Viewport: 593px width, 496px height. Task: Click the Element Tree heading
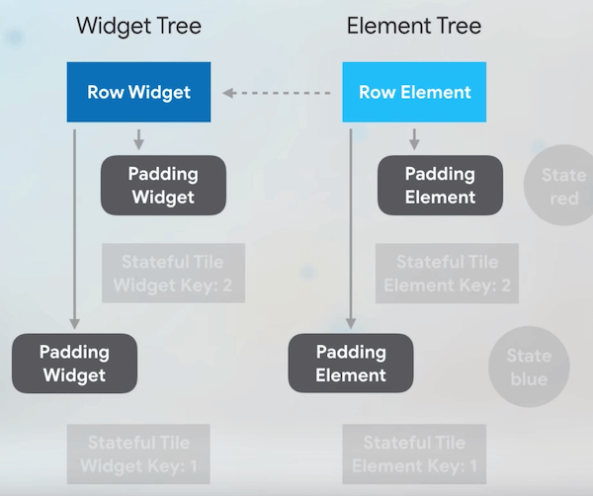click(414, 25)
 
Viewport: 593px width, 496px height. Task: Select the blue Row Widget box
click(138, 93)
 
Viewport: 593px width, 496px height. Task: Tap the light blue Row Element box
click(414, 93)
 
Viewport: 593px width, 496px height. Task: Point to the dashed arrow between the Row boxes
click(277, 93)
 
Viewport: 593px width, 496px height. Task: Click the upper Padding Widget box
click(163, 185)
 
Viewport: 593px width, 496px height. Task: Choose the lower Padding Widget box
click(74, 363)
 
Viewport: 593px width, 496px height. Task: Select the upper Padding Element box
click(440, 185)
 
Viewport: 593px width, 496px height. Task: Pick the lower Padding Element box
click(351, 363)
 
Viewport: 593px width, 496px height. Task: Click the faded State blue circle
click(529, 366)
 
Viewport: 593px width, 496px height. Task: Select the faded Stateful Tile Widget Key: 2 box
click(172, 274)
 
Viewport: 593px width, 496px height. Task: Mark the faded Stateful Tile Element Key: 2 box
click(447, 274)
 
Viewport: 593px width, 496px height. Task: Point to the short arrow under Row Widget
click(138, 138)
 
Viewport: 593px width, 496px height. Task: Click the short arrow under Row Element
click(415, 138)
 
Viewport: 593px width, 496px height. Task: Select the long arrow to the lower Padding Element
click(351, 227)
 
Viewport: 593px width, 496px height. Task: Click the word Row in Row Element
click(377, 93)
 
